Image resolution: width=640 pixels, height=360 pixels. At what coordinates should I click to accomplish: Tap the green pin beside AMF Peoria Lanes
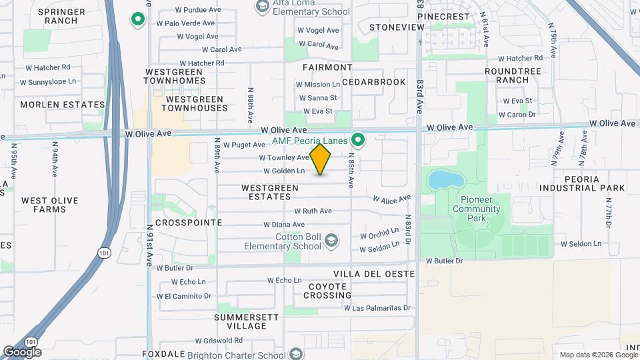[358, 140]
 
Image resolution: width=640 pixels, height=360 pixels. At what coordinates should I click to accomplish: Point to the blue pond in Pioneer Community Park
[441, 179]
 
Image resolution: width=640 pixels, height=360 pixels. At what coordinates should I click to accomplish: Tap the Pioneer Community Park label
[476, 209]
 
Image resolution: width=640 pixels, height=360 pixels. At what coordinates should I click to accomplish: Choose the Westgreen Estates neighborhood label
[270, 192]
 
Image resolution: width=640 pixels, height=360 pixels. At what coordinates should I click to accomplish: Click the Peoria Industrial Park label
[594, 183]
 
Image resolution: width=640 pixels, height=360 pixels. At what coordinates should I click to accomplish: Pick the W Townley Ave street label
[284, 158]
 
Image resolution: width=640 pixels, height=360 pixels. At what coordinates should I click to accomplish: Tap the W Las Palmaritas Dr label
[377, 308]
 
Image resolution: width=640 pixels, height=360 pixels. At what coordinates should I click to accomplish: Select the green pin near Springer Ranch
[138, 20]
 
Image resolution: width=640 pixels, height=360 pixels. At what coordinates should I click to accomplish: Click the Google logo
[22, 351]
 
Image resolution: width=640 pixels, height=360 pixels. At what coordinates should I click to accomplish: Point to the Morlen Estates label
[63, 105]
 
